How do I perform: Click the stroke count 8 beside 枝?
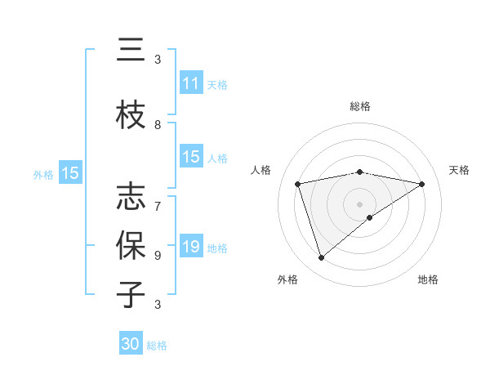pyautogui.click(x=158, y=125)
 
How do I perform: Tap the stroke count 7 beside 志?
pyautogui.click(x=158, y=199)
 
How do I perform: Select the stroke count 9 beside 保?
pyautogui.click(x=158, y=255)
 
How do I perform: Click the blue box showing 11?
pyautogui.click(x=191, y=83)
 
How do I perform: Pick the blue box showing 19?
pyautogui.click(x=191, y=247)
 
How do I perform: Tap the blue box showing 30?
pyautogui.click(x=131, y=344)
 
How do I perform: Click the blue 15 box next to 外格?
pyautogui.click(x=70, y=173)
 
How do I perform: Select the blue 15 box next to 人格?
pyautogui.click(x=191, y=157)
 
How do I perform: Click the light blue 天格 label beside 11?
pyautogui.click(x=216, y=84)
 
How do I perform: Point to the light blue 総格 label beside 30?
pyautogui.click(x=157, y=346)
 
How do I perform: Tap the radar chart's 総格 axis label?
pyautogui.click(x=360, y=106)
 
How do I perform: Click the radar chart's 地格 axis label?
pyautogui.click(x=428, y=279)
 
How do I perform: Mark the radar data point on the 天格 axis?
pyautogui.click(x=422, y=185)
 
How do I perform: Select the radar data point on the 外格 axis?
pyautogui.click(x=321, y=258)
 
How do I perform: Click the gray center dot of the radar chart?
pyautogui.click(x=360, y=203)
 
